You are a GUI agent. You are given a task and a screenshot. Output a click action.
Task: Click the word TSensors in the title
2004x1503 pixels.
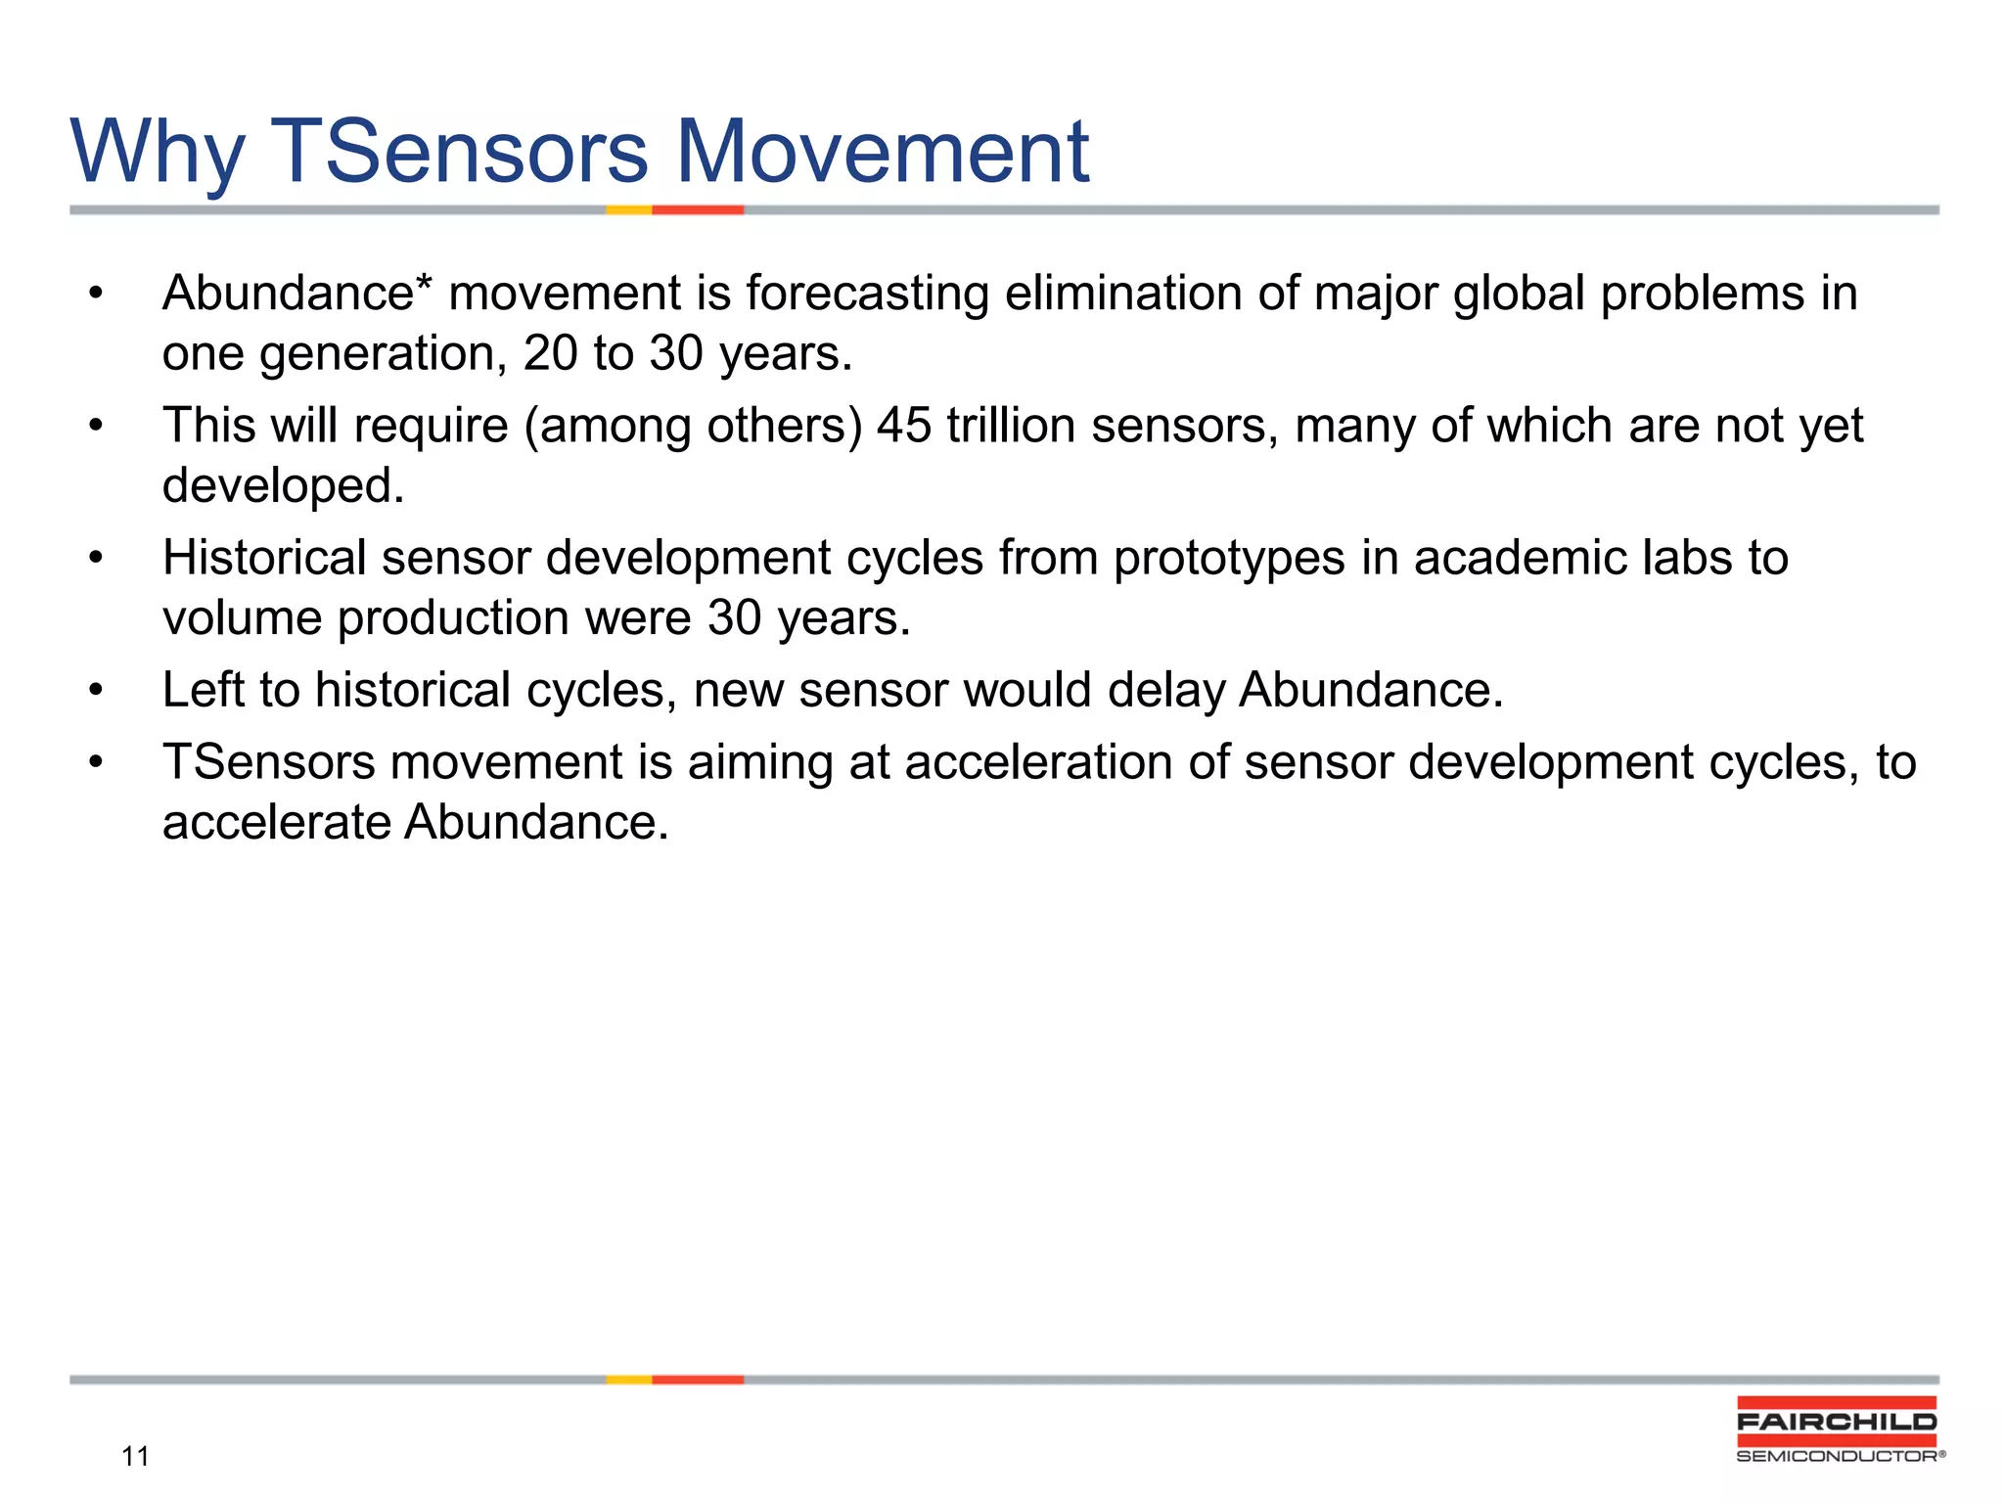pyautogui.click(x=458, y=152)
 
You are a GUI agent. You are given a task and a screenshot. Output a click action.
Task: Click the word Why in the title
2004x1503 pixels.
pyautogui.click(x=157, y=152)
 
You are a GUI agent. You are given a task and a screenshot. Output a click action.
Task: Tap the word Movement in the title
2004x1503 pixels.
pyautogui.click(x=883, y=152)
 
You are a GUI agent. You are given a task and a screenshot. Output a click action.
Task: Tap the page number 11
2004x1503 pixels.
pyautogui.click(x=135, y=1457)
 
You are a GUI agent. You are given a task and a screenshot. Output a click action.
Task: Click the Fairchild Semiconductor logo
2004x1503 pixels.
pyautogui.click(x=1837, y=1430)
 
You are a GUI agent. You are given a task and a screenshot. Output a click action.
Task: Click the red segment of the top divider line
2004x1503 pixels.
pyautogui.click(x=698, y=209)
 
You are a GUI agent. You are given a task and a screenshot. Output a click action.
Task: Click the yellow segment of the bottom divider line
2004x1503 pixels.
pyautogui.click(x=629, y=1380)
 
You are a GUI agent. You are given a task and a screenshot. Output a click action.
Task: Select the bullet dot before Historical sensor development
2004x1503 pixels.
pyautogui.click(x=95, y=559)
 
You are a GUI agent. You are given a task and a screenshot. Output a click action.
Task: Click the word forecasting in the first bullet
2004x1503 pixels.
pyautogui.click(x=867, y=294)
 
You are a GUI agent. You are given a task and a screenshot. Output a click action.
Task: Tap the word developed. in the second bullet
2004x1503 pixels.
pyautogui.click(x=283, y=485)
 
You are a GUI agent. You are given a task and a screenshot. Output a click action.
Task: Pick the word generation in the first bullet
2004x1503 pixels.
pyautogui.click(x=383, y=353)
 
